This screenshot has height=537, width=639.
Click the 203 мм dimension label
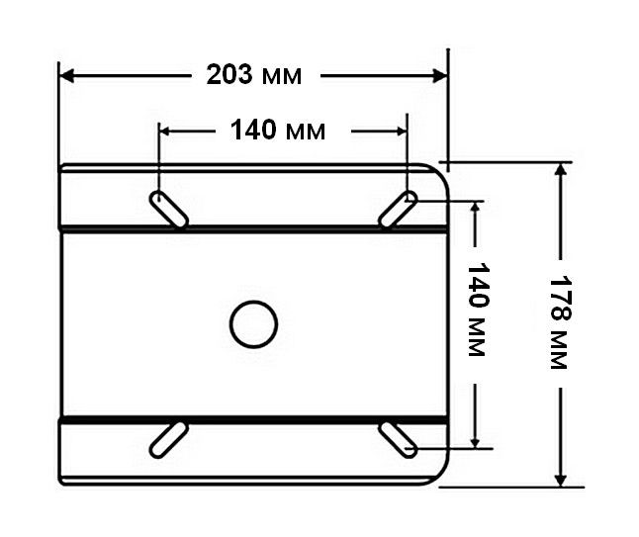pos(254,75)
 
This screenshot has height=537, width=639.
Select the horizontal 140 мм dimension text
pos(278,131)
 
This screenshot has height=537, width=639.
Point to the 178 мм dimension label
pos(561,324)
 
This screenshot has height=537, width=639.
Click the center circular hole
pos(253,324)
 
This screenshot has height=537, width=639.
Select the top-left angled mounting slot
pos(169,209)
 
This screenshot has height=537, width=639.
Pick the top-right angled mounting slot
pos(398,209)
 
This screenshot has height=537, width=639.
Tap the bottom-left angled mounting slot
pos(168,440)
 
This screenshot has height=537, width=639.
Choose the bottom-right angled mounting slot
pos(399,440)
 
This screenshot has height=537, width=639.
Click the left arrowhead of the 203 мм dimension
pos(66,76)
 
